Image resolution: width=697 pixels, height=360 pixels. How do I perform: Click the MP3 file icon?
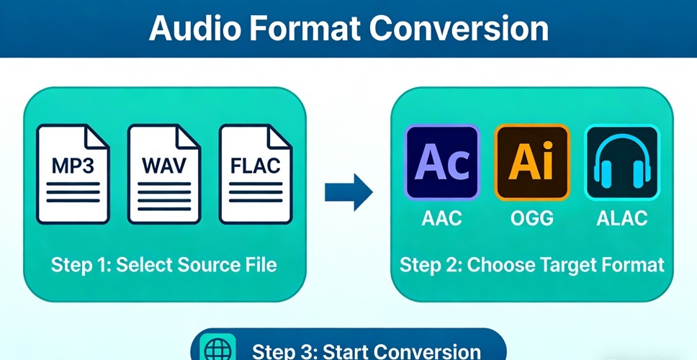(73, 174)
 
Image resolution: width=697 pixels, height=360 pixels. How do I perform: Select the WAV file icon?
(164, 174)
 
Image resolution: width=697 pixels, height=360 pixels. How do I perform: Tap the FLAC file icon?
(256, 174)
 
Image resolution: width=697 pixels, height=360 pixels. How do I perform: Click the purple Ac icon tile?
(442, 162)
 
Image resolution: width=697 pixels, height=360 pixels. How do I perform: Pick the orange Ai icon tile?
(532, 162)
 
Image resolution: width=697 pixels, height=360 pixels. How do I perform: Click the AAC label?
(442, 218)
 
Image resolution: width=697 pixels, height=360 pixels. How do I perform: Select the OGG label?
(532, 218)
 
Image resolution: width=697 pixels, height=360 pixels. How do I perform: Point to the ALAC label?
(622, 218)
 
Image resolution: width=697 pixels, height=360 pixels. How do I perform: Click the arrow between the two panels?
(348, 192)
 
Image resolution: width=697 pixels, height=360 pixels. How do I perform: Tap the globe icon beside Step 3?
(217, 350)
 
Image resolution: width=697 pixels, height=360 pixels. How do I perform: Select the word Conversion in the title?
(458, 30)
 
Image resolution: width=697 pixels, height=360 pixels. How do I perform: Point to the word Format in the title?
(305, 30)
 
